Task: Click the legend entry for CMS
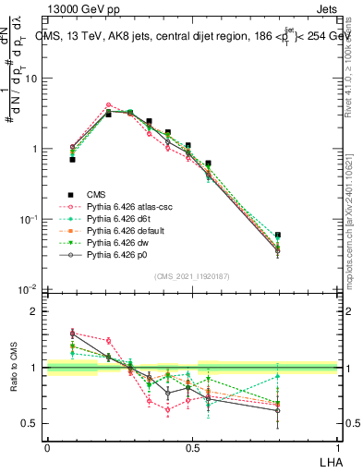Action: pos(96,194)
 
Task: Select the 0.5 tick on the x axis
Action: pos(192,447)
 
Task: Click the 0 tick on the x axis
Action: pos(47,447)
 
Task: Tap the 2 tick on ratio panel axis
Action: pos(36,311)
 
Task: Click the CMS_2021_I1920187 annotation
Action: pos(192,276)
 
